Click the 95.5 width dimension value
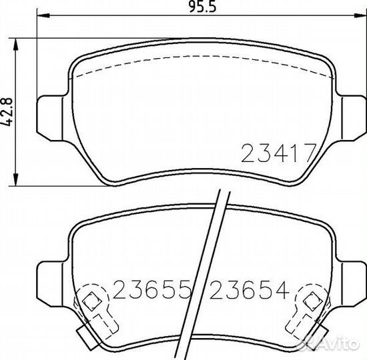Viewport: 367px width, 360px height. tap(202, 7)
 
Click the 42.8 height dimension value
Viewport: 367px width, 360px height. tap(8, 112)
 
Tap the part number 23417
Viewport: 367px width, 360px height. tap(279, 153)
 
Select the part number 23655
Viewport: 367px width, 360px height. tap(151, 290)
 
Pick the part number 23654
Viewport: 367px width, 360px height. tap(250, 290)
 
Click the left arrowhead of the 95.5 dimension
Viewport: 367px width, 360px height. tap(43, 16)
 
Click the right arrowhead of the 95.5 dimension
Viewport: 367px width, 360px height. tap(360, 16)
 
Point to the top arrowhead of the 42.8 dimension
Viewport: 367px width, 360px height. tap(15, 45)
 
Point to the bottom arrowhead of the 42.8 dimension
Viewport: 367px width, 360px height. tap(15, 179)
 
